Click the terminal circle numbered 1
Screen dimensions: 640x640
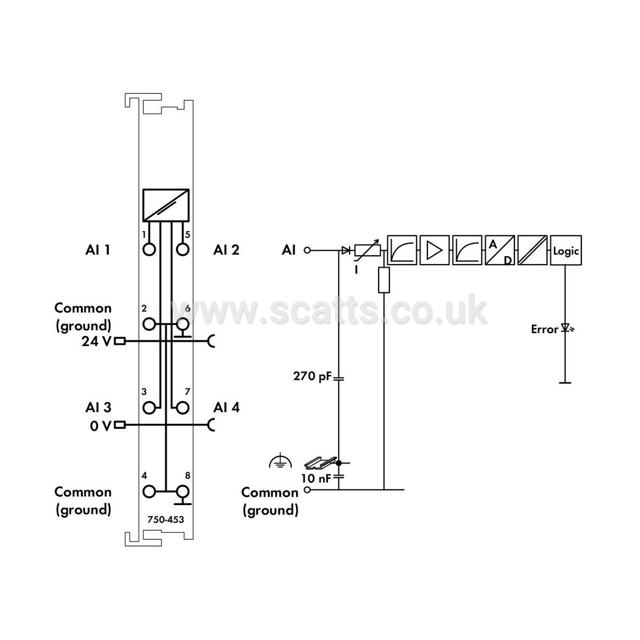pyautogui.click(x=149, y=249)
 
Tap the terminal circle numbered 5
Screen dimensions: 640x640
pyautogui.click(x=182, y=249)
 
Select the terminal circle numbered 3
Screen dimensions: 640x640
pyautogui.click(x=149, y=407)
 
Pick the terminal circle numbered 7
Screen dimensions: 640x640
pyautogui.click(x=182, y=407)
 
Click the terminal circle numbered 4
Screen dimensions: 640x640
pyautogui.click(x=149, y=491)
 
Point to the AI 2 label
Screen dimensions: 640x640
pyautogui.click(x=226, y=250)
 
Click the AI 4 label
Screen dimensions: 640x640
pyautogui.click(x=226, y=407)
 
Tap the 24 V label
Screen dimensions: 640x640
pyautogui.click(x=96, y=341)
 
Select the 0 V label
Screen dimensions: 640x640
pyautogui.click(x=100, y=426)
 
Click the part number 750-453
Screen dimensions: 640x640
pyautogui.click(x=165, y=519)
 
